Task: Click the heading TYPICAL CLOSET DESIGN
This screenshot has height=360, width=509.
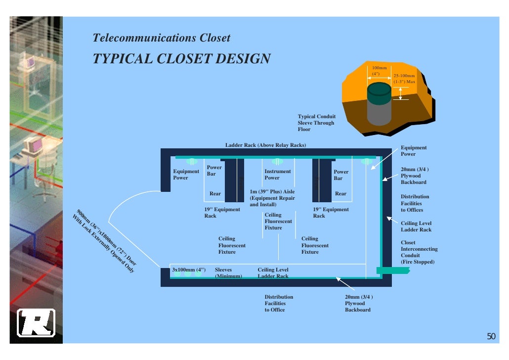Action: (181, 58)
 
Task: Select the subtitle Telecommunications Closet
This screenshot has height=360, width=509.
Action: (161, 38)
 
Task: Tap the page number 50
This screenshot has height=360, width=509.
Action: (491, 337)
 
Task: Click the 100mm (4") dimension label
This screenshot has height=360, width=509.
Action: (380, 70)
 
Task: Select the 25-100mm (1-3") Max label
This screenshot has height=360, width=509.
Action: (404, 78)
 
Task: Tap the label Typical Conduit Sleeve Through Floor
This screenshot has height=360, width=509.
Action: (316, 123)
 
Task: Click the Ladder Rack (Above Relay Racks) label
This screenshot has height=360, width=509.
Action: (265, 145)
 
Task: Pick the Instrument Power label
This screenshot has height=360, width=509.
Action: (277, 175)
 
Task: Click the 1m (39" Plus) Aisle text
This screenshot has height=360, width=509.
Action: (272, 198)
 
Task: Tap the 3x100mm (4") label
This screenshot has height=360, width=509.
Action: (188, 270)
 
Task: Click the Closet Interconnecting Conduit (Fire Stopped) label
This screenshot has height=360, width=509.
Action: (419, 252)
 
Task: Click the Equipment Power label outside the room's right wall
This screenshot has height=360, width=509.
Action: (413, 151)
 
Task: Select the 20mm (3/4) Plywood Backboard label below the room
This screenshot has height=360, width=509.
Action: (358, 303)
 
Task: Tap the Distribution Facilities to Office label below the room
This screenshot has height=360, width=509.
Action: (279, 303)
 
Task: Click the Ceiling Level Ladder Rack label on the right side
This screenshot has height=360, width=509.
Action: (416, 226)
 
